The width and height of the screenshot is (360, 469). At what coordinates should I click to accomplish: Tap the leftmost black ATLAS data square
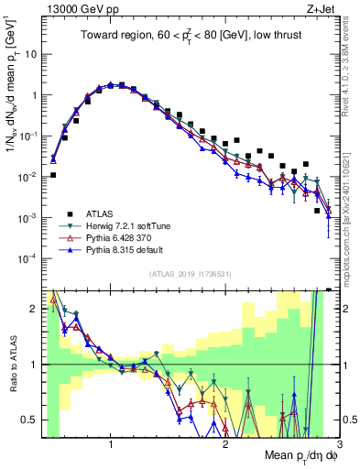pyautogui.click(x=53, y=175)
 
